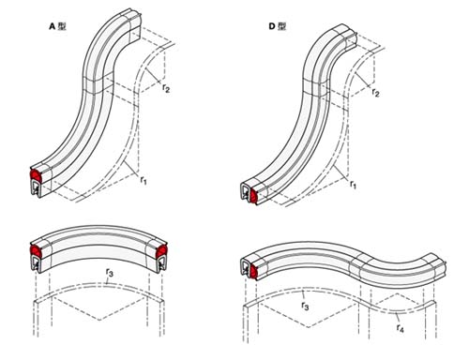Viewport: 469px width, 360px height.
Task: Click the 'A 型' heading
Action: (57, 26)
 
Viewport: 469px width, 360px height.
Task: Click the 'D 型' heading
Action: (278, 26)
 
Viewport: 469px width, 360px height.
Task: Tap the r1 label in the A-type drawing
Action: (144, 180)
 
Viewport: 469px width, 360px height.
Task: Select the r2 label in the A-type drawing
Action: (166, 88)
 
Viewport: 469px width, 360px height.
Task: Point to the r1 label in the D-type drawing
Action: (353, 185)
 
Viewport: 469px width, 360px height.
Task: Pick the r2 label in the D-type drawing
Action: (375, 93)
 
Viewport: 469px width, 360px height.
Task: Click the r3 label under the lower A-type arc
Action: (110, 273)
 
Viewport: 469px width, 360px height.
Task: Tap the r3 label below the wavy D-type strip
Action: (305, 306)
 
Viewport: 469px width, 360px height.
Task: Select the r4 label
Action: (400, 328)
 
